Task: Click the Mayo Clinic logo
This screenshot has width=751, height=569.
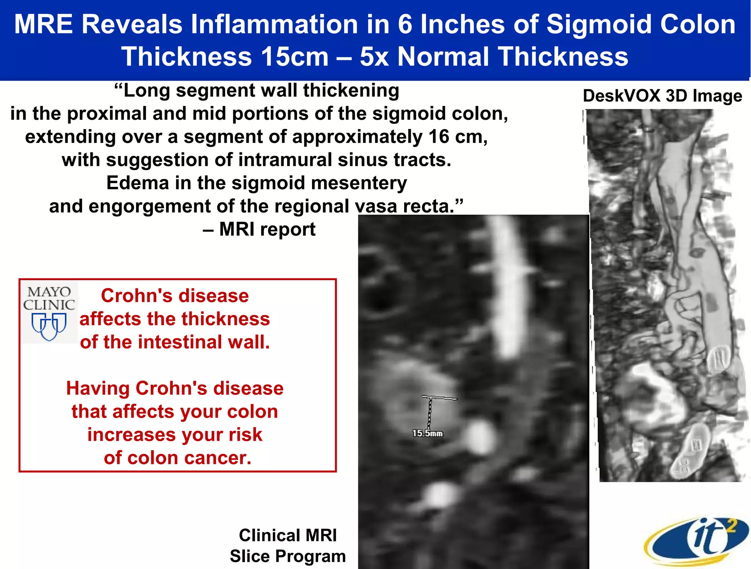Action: [49, 313]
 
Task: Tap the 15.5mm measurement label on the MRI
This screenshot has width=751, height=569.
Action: [427, 433]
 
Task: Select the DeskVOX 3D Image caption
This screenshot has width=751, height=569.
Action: [662, 96]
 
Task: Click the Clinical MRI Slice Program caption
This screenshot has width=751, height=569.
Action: [288, 546]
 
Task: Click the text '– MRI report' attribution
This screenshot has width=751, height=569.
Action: [259, 230]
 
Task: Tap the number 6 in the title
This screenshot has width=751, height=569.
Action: [405, 25]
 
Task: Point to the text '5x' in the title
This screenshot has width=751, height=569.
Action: [374, 57]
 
